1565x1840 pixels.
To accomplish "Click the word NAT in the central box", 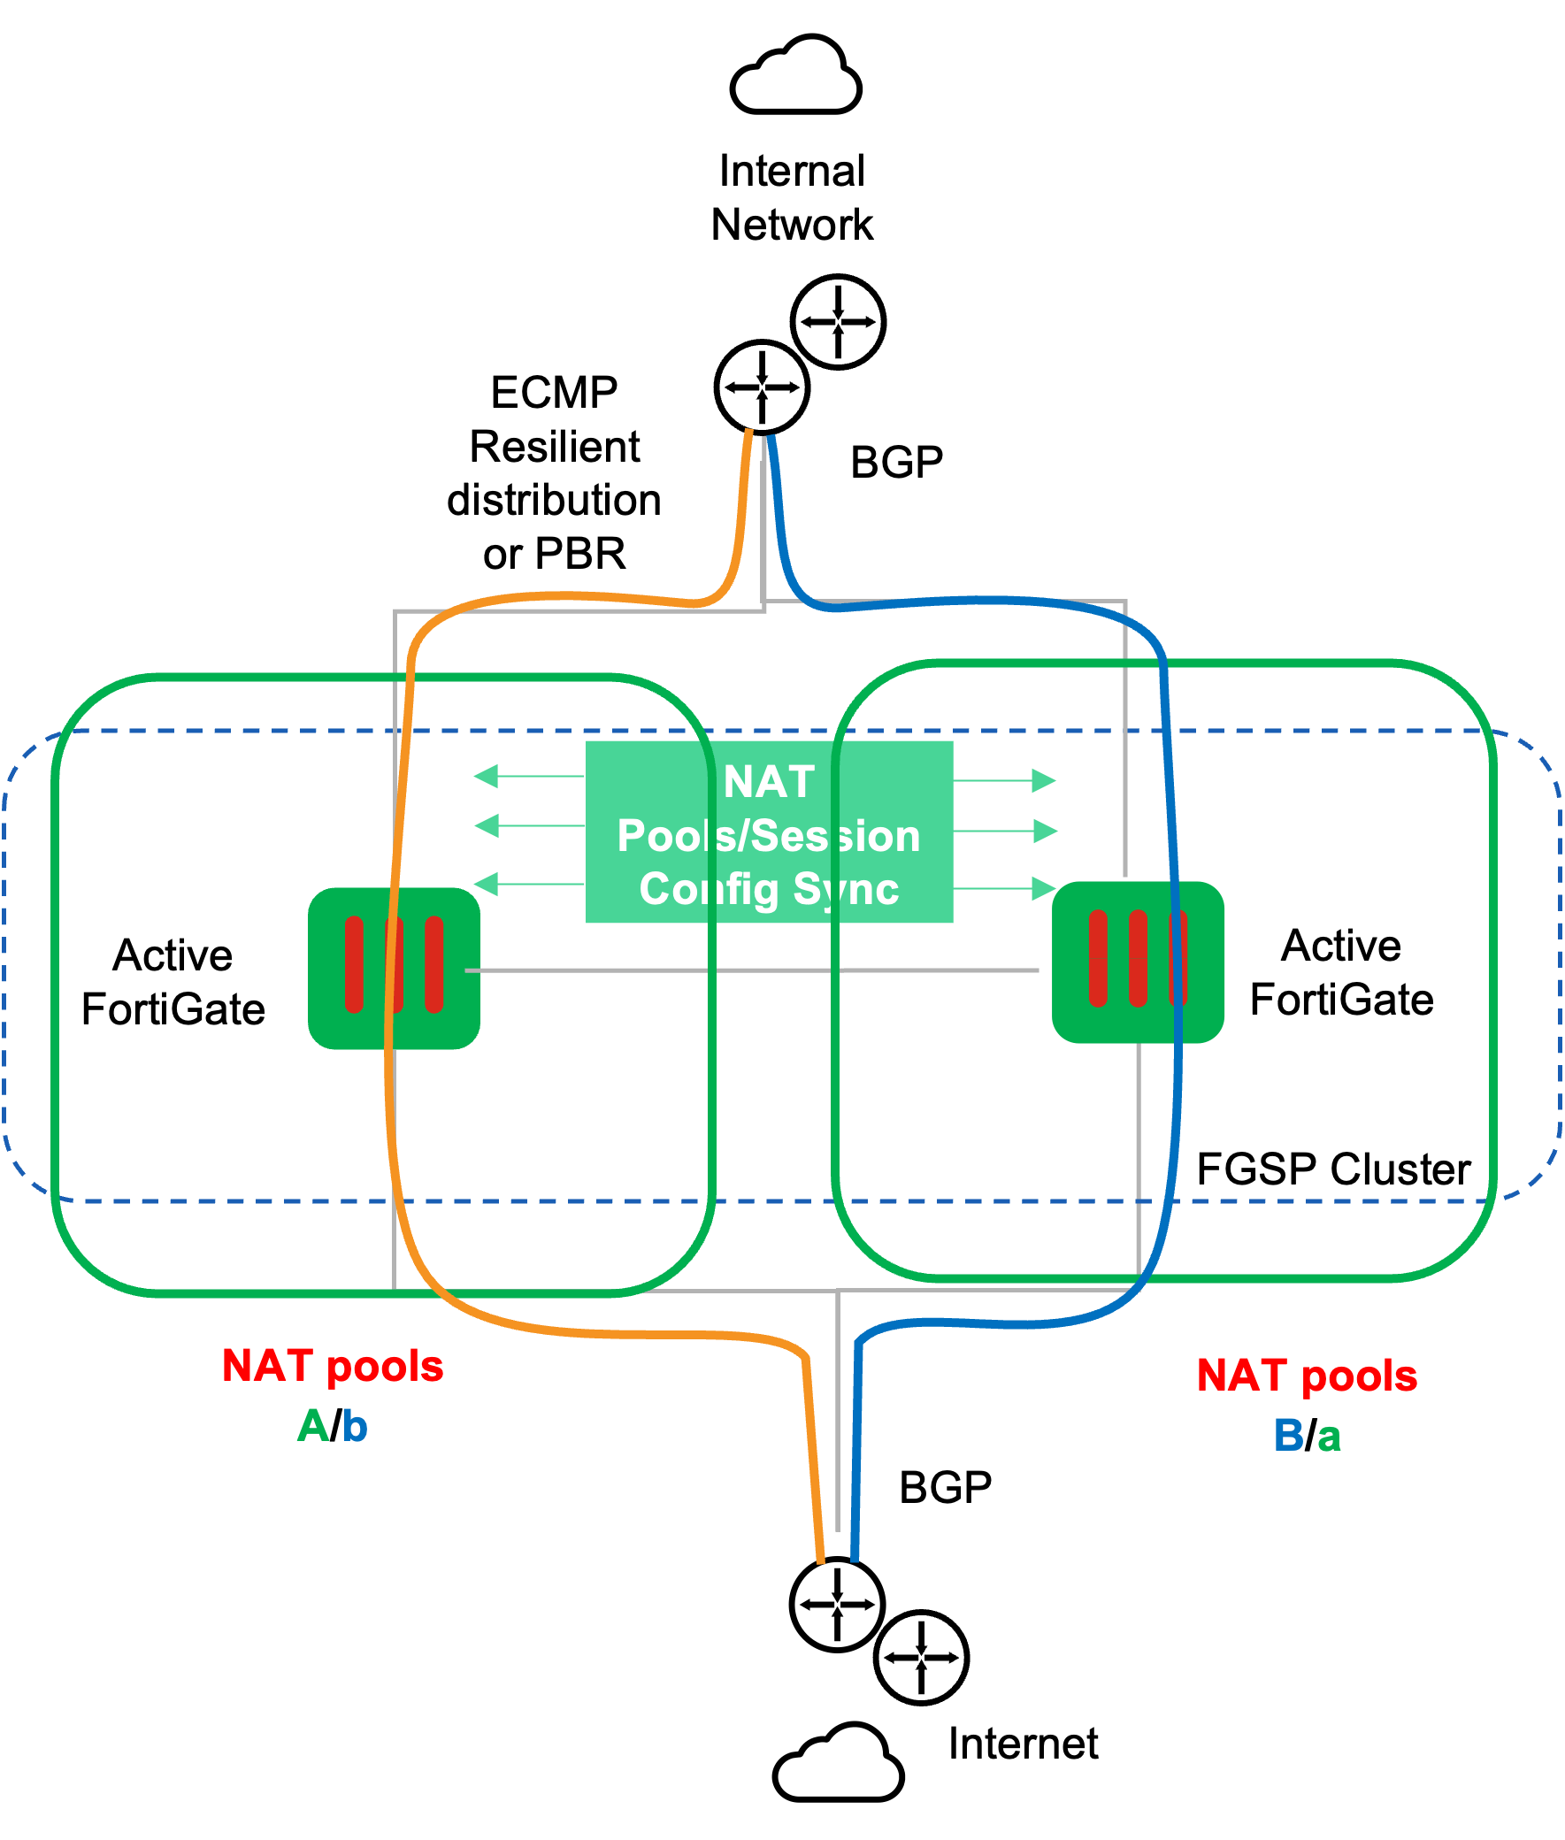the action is click(x=768, y=783).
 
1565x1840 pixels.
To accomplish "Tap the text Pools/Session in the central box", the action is click(x=768, y=836).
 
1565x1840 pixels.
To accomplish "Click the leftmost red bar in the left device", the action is click(x=354, y=964).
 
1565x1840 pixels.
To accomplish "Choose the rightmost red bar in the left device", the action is click(x=433, y=964).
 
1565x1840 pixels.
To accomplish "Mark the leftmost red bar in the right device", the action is click(x=1098, y=958).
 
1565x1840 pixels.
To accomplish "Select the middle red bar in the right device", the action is click(x=1138, y=958).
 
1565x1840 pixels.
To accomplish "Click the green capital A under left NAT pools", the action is click(x=312, y=1427).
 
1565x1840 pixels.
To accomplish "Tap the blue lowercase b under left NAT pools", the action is click(x=355, y=1427).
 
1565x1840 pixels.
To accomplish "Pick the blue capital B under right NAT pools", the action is click(x=1288, y=1436).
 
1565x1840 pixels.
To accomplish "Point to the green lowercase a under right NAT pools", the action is click(x=1329, y=1437).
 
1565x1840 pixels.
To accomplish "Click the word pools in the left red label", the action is click(x=385, y=1366).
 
